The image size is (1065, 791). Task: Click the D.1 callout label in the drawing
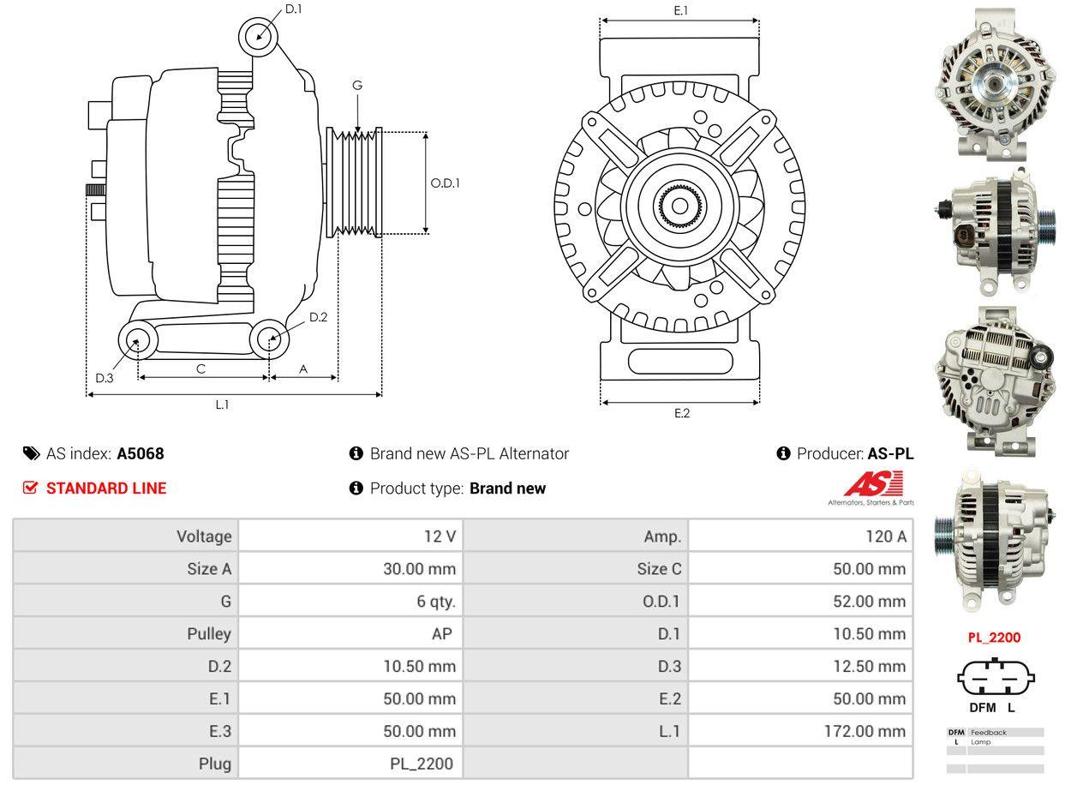[x=293, y=9]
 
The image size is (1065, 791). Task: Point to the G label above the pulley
[x=357, y=85]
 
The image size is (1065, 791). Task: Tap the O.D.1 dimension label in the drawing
[x=445, y=183]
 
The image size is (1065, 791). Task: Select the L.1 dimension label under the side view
[x=222, y=404]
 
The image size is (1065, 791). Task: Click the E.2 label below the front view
[x=681, y=413]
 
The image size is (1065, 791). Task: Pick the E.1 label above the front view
[x=681, y=10]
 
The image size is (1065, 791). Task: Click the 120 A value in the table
[x=887, y=536]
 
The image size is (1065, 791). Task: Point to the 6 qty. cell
[x=436, y=602]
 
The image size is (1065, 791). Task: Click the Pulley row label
[x=209, y=634]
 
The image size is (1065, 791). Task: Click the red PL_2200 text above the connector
[x=994, y=638]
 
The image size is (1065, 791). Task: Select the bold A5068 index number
[x=141, y=453]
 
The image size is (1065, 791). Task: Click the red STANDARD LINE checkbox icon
[x=30, y=488]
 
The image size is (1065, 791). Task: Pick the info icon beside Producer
[x=783, y=453]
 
